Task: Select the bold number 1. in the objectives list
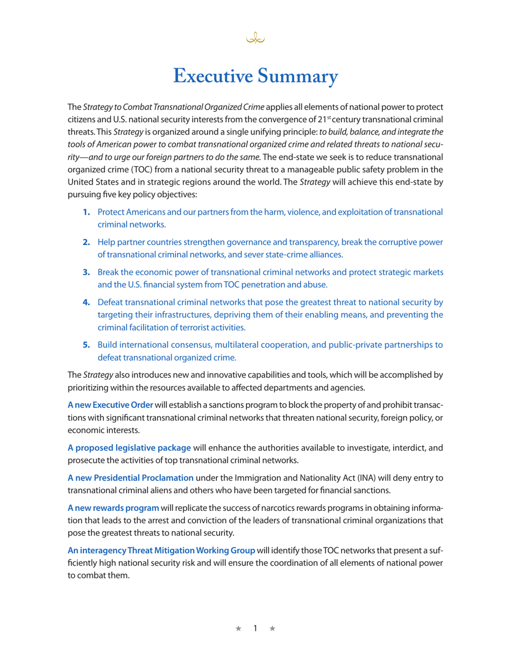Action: click(x=87, y=212)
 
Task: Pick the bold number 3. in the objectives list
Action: click(x=87, y=272)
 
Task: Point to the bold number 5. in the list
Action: click(x=87, y=345)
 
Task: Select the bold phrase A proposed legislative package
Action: click(x=129, y=448)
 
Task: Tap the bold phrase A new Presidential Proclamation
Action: click(x=130, y=478)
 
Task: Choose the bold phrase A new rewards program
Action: click(x=113, y=508)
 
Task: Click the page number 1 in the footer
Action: click(x=256, y=628)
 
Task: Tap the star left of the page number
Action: click(x=239, y=628)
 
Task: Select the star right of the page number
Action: click(x=272, y=628)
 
